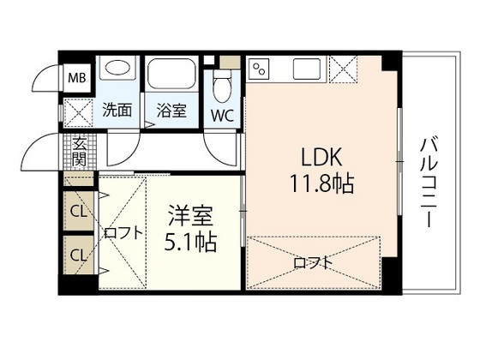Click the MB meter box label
pos(77,78)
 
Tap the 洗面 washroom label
pos(117,110)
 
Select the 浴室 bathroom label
pos(171,110)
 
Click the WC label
pos(222,116)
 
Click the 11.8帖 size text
pos(321,183)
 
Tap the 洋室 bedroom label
pos(190,216)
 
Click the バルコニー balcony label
pos(429,183)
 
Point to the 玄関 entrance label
pos(80,152)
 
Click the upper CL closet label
pos(78,211)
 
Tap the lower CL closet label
pos(78,255)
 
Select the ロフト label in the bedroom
pos(123,233)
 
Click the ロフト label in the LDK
pos(313,262)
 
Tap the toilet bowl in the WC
pos(222,87)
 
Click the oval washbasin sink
pos(117,66)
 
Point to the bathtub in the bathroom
pos(171,73)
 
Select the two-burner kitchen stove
pos(260,69)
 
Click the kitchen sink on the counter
pos(307,69)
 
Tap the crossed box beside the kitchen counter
pos(343,69)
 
